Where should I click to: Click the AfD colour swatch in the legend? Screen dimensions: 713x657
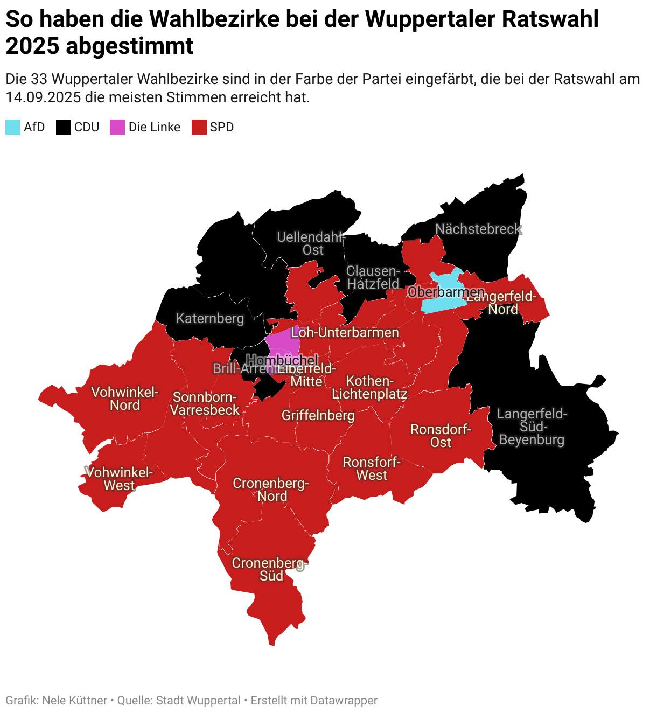point(13,127)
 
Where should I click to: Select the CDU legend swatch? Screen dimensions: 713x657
point(64,127)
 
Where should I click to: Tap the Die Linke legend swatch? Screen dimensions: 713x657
point(117,127)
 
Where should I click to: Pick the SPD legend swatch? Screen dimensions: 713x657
point(199,127)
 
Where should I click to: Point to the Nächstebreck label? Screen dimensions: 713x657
point(478,229)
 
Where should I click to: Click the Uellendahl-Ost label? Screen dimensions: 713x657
point(311,243)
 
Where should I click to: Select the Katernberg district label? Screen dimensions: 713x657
point(210,318)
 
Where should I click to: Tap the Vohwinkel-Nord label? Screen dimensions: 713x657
point(125,399)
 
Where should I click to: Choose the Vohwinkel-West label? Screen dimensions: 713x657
point(120,479)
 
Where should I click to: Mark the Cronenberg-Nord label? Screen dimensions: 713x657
point(271,490)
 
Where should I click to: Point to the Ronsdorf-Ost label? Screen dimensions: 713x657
point(441,436)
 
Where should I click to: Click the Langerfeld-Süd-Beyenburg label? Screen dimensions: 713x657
point(532,427)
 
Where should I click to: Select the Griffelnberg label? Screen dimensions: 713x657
point(318,415)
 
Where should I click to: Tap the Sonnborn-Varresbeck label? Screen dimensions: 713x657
point(205,403)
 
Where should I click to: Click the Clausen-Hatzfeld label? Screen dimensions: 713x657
point(373,277)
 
